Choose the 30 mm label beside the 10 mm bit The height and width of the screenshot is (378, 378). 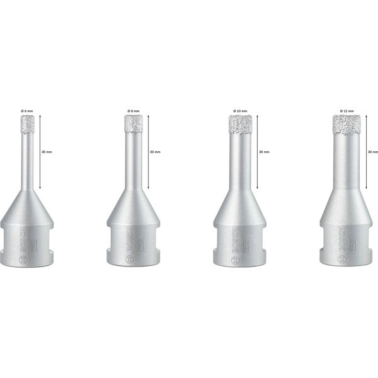[264, 152]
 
